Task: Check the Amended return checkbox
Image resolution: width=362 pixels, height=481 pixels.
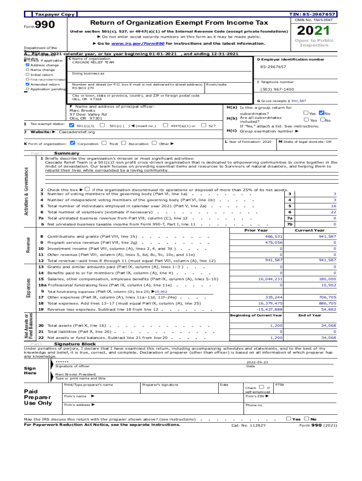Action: [x=27, y=84]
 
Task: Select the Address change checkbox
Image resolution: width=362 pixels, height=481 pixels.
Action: [x=27, y=65]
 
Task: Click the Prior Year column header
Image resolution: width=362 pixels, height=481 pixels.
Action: [x=256, y=230]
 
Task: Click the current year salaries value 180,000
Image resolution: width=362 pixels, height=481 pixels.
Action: [x=328, y=279]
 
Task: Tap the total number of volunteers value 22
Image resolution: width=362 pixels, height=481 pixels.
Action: [x=334, y=212]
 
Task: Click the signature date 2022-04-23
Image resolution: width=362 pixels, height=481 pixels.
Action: [x=257, y=362]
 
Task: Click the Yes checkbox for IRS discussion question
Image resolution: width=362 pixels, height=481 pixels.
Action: [x=288, y=419]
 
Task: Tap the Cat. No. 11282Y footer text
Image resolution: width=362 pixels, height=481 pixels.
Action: [x=248, y=425]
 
